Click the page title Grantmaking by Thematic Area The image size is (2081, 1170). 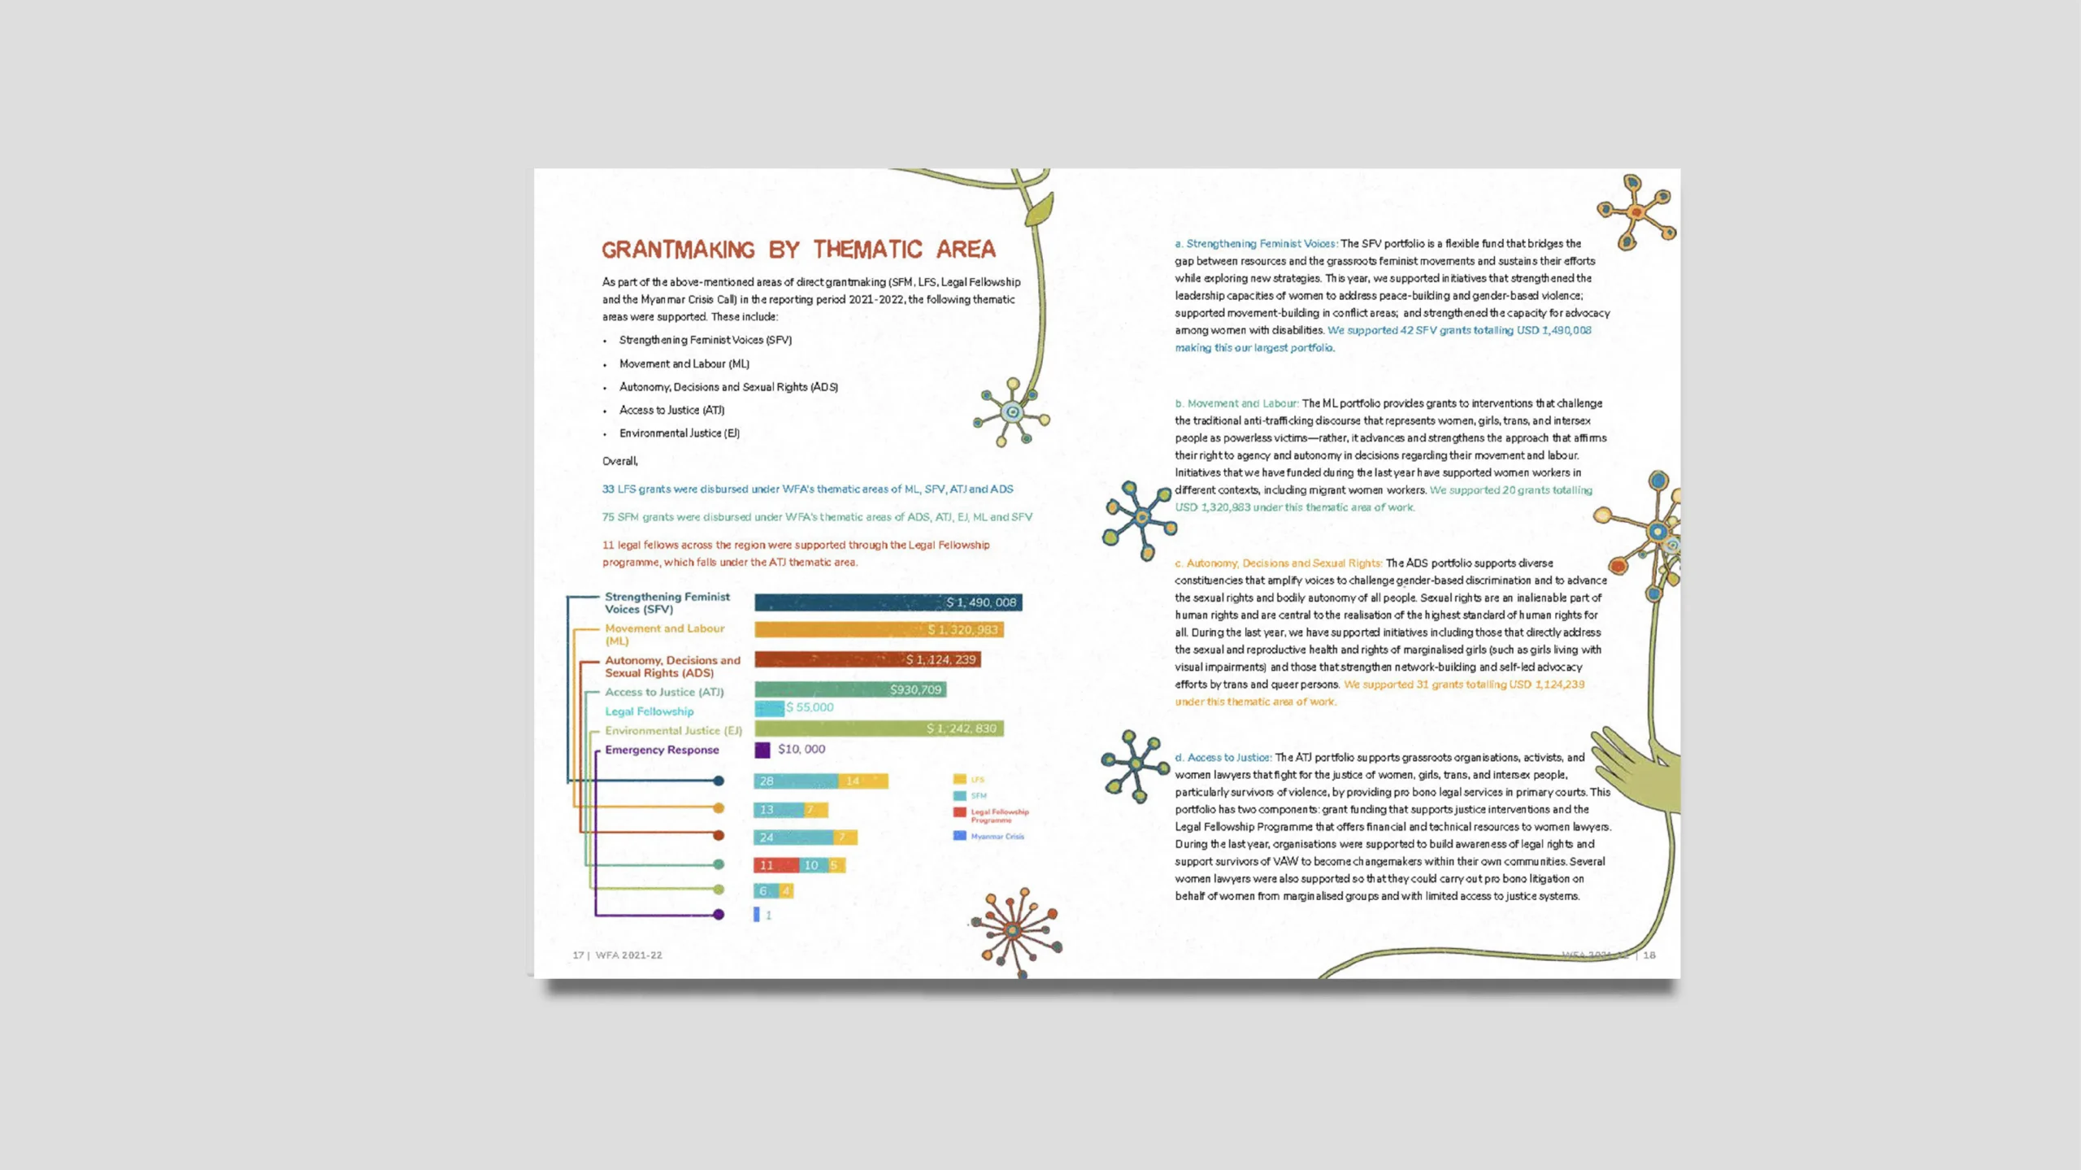click(x=797, y=250)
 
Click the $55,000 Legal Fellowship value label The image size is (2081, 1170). click(x=810, y=707)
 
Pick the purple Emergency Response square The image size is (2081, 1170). click(x=762, y=750)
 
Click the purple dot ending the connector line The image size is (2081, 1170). click(x=719, y=915)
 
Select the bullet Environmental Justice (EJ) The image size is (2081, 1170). click(x=679, y=433)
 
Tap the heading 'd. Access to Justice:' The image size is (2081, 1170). click(x=1223, y=758)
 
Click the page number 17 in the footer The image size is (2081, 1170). click(x=578, y=955)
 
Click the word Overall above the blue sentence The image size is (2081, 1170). click(x=619, y=461)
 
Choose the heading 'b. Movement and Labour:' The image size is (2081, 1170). click(x=1236, y=403)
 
